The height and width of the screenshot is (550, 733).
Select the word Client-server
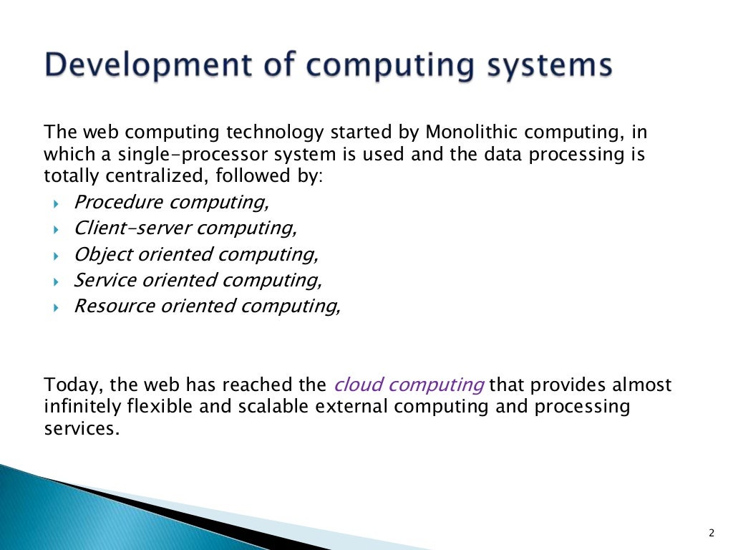coord(132,228)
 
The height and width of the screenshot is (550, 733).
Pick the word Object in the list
coord(97,254)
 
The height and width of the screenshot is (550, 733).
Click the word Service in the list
coord(99,280)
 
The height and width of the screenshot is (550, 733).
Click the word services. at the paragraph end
coord(79,429)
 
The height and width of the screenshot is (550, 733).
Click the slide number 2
coord(712,532)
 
